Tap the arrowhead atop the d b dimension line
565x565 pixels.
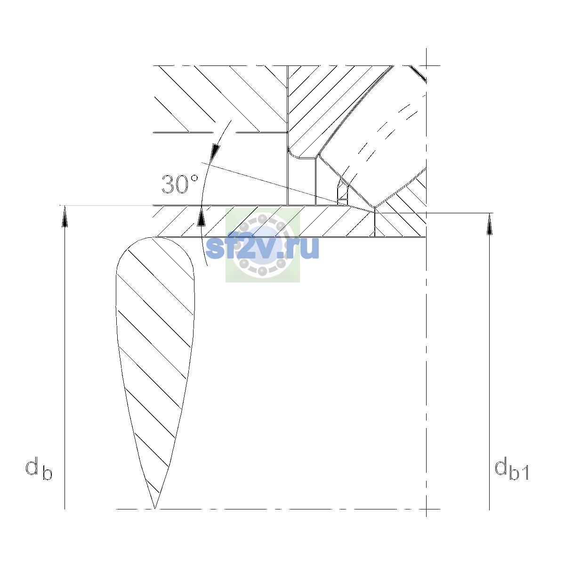point(65,216)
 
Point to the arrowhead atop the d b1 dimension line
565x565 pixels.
point(489,224)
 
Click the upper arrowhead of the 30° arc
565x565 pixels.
point(215,153)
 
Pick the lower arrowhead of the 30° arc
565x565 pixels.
point(201,217)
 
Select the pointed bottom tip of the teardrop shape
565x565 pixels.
point(154,508)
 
